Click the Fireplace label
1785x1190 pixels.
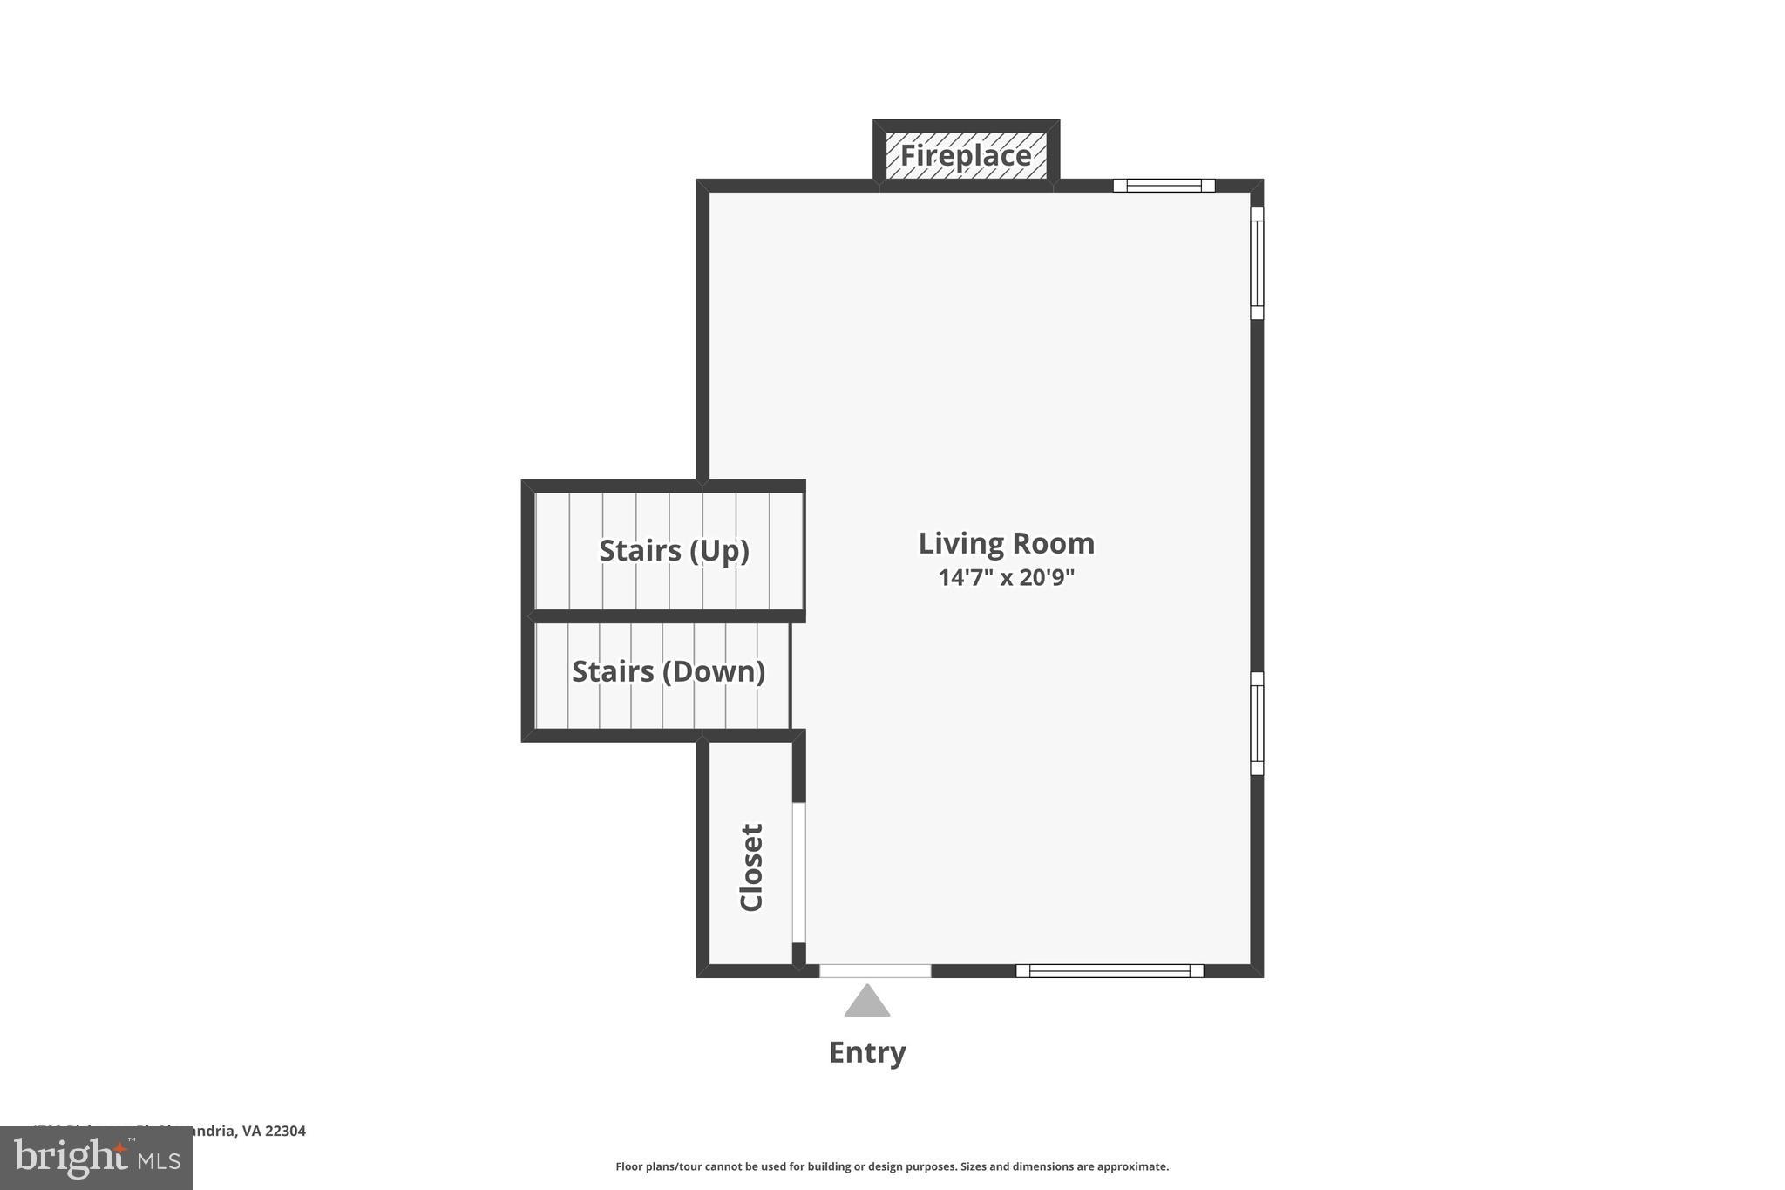point(966,156)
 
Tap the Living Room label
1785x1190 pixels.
point(1006,543)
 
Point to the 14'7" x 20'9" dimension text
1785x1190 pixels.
point(1006,577)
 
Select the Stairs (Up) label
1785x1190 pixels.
point(674,551)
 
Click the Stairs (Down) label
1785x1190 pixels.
point(668,671)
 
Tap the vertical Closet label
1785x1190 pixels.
point(751,867)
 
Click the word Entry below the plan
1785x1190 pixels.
point(867,1052)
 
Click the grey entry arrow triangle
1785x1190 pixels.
point(867,1003)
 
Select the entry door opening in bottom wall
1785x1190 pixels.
point(875,970)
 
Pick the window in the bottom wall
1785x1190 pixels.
point(1110,970)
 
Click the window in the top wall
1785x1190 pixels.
point(1164,185)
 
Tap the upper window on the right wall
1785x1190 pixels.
point(1257,262)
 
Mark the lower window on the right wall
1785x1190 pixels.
point(1257,723)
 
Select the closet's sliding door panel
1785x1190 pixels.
point(798,872)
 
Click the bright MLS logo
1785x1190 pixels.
point(96,1158)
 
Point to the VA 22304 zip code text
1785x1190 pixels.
point(274,1131)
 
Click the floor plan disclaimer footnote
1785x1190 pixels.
point(892,1166)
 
